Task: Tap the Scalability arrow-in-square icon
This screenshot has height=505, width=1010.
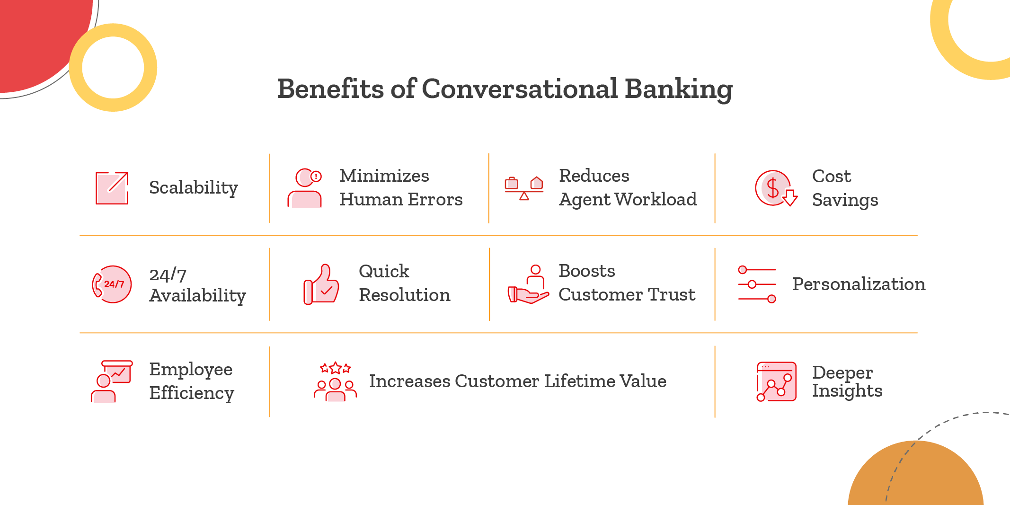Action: (x=112, y=188)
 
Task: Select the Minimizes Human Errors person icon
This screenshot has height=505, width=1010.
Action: (x=305, y=188)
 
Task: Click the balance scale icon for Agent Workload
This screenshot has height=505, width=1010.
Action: (x=524, y=188)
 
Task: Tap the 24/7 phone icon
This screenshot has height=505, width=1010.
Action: (x=112, y=284)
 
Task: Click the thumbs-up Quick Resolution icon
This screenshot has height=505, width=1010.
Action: (x=321, y=284)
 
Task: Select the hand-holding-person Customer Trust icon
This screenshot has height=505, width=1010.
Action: (x=528, y=284)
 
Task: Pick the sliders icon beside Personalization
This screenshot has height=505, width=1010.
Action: (x=757, y=284)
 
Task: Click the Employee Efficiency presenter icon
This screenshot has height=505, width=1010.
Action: (x=112, y=381)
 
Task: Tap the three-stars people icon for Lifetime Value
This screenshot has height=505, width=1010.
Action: (x=335, y=381)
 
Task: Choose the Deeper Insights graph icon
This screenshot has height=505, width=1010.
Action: (x=776, y=381)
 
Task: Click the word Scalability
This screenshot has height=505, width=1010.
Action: (x=193, y=188)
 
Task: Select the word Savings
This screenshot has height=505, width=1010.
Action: (x=845, y=200)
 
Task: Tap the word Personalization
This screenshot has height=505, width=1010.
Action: (x=859, y=284)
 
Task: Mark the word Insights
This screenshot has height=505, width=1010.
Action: (x=847, y=391)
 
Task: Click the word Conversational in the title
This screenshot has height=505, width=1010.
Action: (x=520, y=89)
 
